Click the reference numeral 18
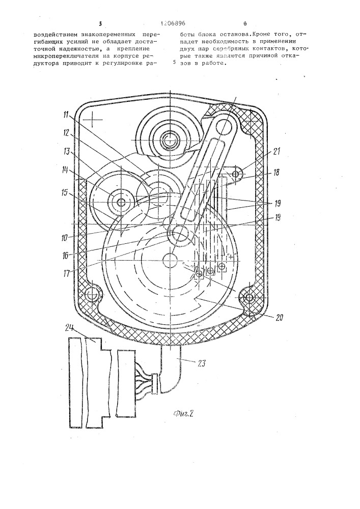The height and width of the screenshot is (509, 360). pyautogui.click(x=275, y=173)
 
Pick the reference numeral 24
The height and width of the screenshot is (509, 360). pyautogui.click(x=71, y=329)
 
